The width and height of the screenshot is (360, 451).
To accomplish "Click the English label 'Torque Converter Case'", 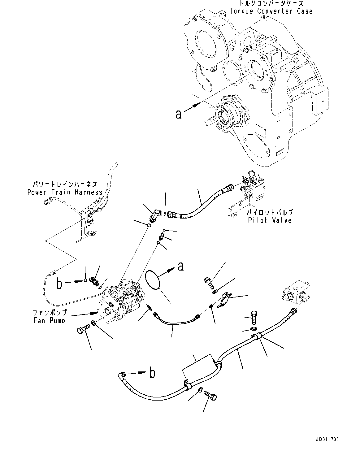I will pos(271,11).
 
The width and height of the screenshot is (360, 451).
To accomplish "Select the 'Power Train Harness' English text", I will pos(65,192).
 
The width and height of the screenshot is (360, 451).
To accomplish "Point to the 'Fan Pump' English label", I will pos(50,321).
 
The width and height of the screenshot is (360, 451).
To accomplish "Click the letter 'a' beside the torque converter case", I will pos(179,114).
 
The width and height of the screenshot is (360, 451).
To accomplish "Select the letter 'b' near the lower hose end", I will pos(152,373).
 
